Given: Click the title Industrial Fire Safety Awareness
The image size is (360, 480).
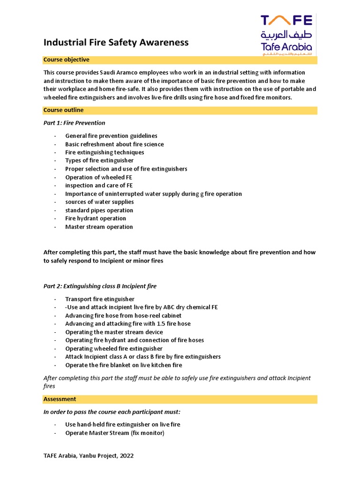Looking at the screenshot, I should [x=116, y=43].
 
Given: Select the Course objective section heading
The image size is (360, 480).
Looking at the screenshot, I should [x=66, y=60].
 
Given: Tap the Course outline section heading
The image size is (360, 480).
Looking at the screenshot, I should [x=63, y=110].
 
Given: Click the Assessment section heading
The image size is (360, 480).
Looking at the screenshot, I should [x=60, y=399].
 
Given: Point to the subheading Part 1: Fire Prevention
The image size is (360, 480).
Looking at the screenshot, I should [x=74, y=123].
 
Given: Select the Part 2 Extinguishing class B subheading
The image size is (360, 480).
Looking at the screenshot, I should [x=100, y=286].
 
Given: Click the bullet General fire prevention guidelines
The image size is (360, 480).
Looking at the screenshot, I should [x=111, y=136].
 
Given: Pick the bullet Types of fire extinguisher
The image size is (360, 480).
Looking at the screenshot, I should [x=99, y=161].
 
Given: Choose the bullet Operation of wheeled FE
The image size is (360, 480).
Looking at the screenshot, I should [x=98, y=177].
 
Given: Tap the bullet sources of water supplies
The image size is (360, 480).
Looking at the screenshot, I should [x=99, y=202].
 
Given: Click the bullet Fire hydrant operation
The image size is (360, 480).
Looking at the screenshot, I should [x=96, y=218].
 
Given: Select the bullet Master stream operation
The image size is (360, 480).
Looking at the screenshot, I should [x=99, y=227].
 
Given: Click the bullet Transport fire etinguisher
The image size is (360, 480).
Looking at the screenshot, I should [x=100, y=299].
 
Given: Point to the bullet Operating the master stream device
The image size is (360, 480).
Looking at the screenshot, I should [x=114, y=332].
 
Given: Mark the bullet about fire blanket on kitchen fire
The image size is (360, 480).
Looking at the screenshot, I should [x=124, y=365].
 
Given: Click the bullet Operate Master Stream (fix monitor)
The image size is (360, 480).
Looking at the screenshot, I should [x=115, y=433].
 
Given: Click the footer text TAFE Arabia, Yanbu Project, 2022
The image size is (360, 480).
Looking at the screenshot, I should [x=89, y=456].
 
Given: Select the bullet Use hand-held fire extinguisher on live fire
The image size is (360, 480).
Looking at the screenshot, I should [x=123, y=425].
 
